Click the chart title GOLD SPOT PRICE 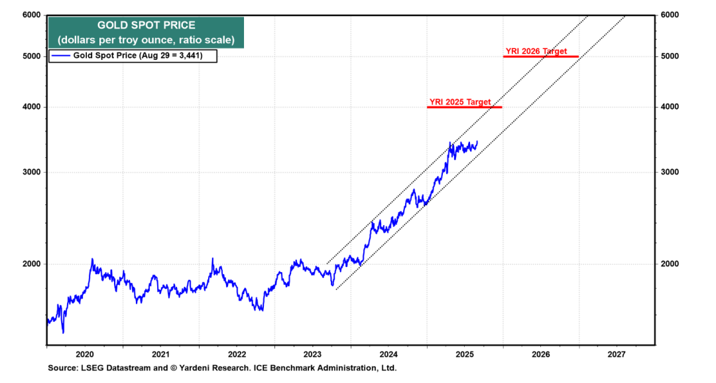[147, 25]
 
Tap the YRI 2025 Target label [460, 102]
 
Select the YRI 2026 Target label [536, 51]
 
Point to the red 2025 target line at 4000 [464, 107]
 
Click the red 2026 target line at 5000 [540, 56]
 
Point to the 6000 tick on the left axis [31, 15]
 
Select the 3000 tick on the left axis [31, 172]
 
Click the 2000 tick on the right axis [671, 264]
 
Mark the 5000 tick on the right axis [671, 56]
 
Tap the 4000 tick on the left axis [31, 107]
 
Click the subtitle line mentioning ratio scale [147, 40]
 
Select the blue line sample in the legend [61, 56]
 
